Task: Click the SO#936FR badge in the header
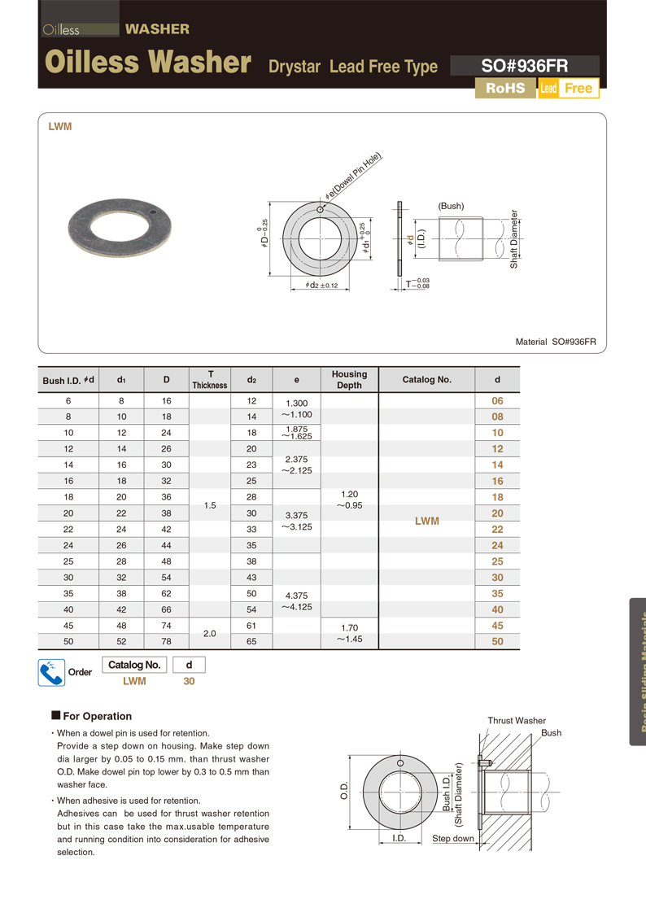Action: (x=524, y=67)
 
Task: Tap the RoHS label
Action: (x=505, y=88)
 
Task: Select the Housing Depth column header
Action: (x=349, y=380)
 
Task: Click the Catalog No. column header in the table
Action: (x=426, y=380)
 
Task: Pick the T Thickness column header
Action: (x=210, y=380)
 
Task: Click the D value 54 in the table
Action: (x=166, y=578)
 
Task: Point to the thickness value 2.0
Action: (x=210, y=633)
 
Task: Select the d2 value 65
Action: (x=251, y=641)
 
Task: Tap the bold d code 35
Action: (x=498, y=593)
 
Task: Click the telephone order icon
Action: (x=51, y=673)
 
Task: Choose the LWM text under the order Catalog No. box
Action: (x=134, y=681)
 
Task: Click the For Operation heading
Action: (x=97, y=716)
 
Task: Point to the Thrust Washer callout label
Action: (x=517, y=721)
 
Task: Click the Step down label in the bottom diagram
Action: (x=453, y=838)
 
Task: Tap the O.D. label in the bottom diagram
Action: (x=343, y=790)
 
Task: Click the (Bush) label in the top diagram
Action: (x=451, y=206)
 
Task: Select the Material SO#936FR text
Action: (x=556, y=342)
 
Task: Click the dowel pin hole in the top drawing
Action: (x=321, y=210)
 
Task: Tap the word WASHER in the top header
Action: (x=157, y=29)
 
